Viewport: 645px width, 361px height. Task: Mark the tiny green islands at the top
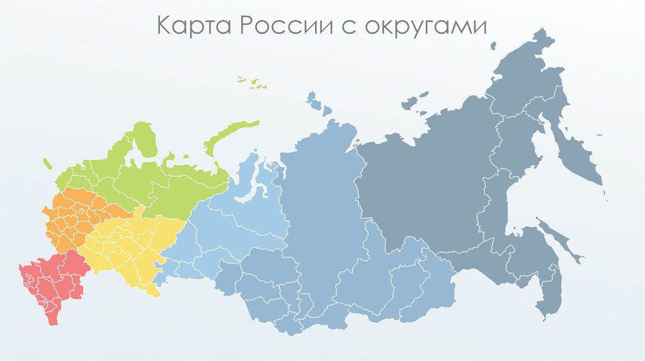click(x=251, y=81)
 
